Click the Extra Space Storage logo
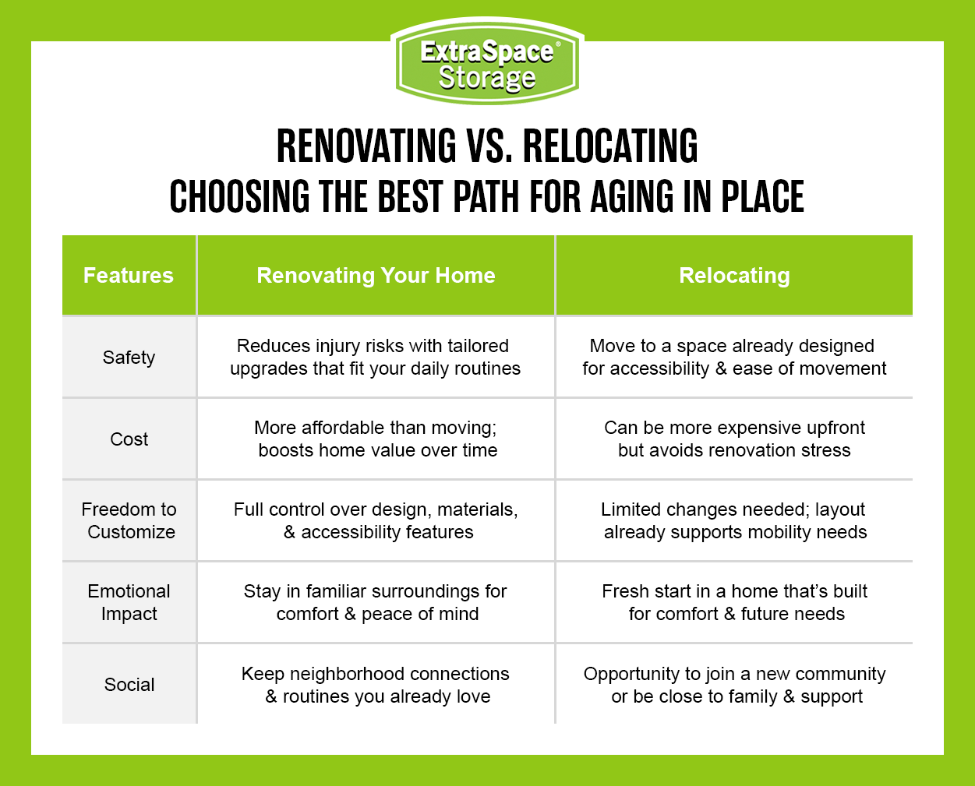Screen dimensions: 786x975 point(487,64)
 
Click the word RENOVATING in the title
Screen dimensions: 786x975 point(367,146)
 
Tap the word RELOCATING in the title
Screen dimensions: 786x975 point(610,146)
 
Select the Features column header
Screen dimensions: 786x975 point(129,276)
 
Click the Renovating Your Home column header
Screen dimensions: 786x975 point(376,276)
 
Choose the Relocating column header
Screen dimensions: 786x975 point(734,276)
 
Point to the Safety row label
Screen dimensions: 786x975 point(129,358)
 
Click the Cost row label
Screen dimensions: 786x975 point(129,439)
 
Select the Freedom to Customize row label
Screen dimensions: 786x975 point(129,520)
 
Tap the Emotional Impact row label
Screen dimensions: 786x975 point(129,602)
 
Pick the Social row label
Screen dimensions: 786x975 point(129,685)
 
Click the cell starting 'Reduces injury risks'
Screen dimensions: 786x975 point(375,357)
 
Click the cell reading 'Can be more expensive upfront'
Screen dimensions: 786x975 point(734,439)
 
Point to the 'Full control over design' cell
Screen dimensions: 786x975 point(376,520)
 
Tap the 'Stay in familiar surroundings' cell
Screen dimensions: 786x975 point(376,602)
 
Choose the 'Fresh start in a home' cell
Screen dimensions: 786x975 point(735,602)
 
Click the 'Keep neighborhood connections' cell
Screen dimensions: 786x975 point(376,685)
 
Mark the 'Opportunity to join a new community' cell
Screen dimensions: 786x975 point(735,685)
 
